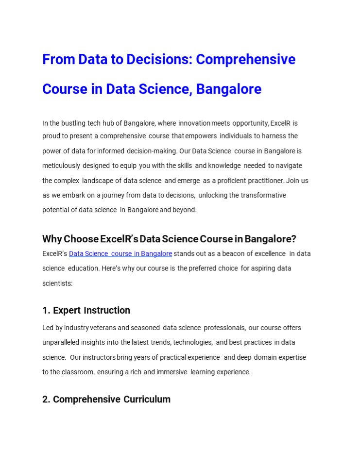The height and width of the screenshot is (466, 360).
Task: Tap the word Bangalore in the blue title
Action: [229, 89]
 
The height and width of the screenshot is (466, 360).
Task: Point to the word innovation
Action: [194, 123]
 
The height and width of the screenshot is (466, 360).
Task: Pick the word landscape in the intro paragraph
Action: [98, 181]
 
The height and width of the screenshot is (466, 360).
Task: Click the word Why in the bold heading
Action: [52, 239]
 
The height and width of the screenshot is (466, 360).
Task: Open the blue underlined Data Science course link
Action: [120, 253]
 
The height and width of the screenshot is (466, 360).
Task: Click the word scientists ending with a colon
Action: [57, 283]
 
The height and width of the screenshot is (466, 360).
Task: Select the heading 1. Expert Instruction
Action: [86, 310]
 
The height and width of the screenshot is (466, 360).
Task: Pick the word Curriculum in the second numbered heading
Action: [147, 399]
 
